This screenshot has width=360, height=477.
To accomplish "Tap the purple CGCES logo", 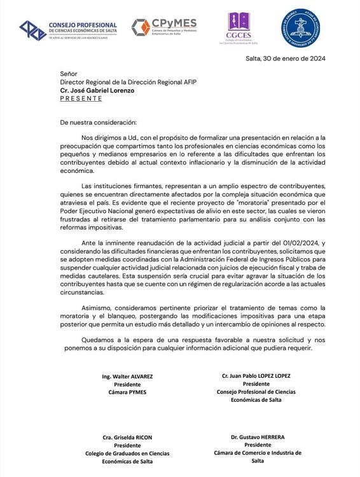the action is click(x=239, y=29).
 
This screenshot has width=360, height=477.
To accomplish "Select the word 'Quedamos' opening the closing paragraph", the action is click(x=100, y=340).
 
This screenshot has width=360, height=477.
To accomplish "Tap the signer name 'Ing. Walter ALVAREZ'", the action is click(x=127, y=377).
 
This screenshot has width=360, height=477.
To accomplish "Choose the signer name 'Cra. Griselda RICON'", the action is click(x=127, y=438).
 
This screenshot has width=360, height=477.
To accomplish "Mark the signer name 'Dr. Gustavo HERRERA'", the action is click(x=258, y=438).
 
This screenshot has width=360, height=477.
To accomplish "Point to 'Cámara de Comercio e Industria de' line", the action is click(x=258, y=453).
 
